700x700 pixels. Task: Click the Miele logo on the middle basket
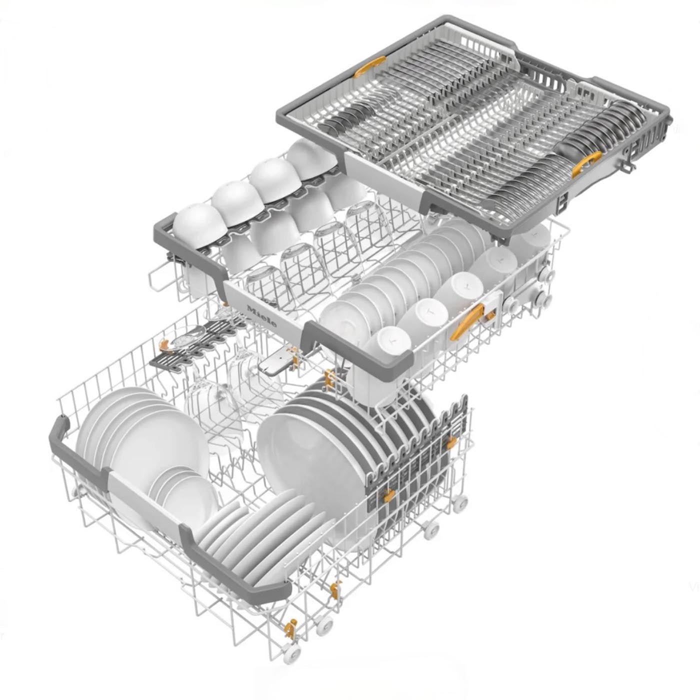coord(261,316)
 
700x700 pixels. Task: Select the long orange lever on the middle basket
coord(467,321)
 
